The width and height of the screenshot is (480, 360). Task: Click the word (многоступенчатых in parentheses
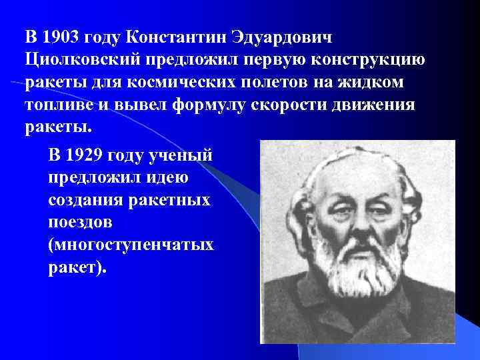(x=131, y=245)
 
